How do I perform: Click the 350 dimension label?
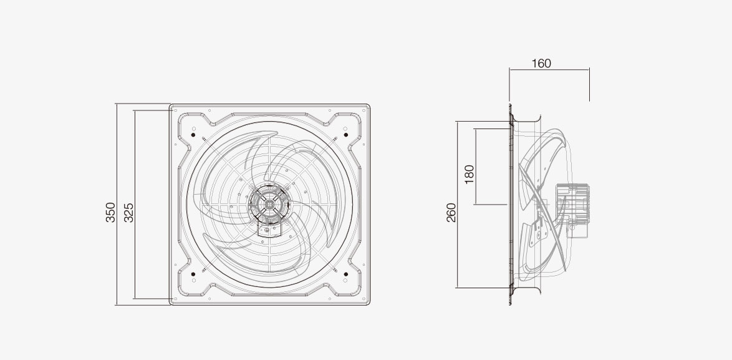[110, 212]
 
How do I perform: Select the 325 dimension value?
[129, 213]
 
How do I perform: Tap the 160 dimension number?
[541, 64]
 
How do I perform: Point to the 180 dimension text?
[469, 174]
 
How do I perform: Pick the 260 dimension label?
[451, 213]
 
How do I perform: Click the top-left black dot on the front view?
[193, 135]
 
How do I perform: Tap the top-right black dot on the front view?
[346, 135]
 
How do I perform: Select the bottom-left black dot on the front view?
[193, 274]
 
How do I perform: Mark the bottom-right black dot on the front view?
[346, 274]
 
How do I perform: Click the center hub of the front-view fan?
[269, 203]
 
